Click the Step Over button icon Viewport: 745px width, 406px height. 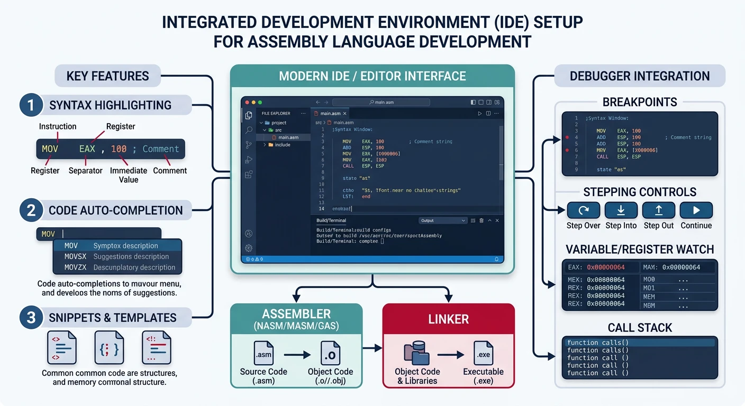point(583,210)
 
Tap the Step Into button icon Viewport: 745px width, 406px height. point(621,210)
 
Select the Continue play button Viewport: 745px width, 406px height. point(696,210)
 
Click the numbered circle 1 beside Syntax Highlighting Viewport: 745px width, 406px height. point(31,105)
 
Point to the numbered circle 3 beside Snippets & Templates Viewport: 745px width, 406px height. point(31,317)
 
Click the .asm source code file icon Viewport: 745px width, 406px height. point(264,352)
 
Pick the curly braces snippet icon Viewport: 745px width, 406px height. point(109,347)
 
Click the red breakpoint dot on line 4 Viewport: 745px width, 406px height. point(568,137)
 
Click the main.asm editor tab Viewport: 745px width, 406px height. point(330,113)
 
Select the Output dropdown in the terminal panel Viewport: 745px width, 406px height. point(442,220)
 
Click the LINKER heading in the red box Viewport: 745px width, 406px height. point(448,319)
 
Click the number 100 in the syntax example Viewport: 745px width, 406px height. point(119,149)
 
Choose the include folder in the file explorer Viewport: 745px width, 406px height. point(282,145)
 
